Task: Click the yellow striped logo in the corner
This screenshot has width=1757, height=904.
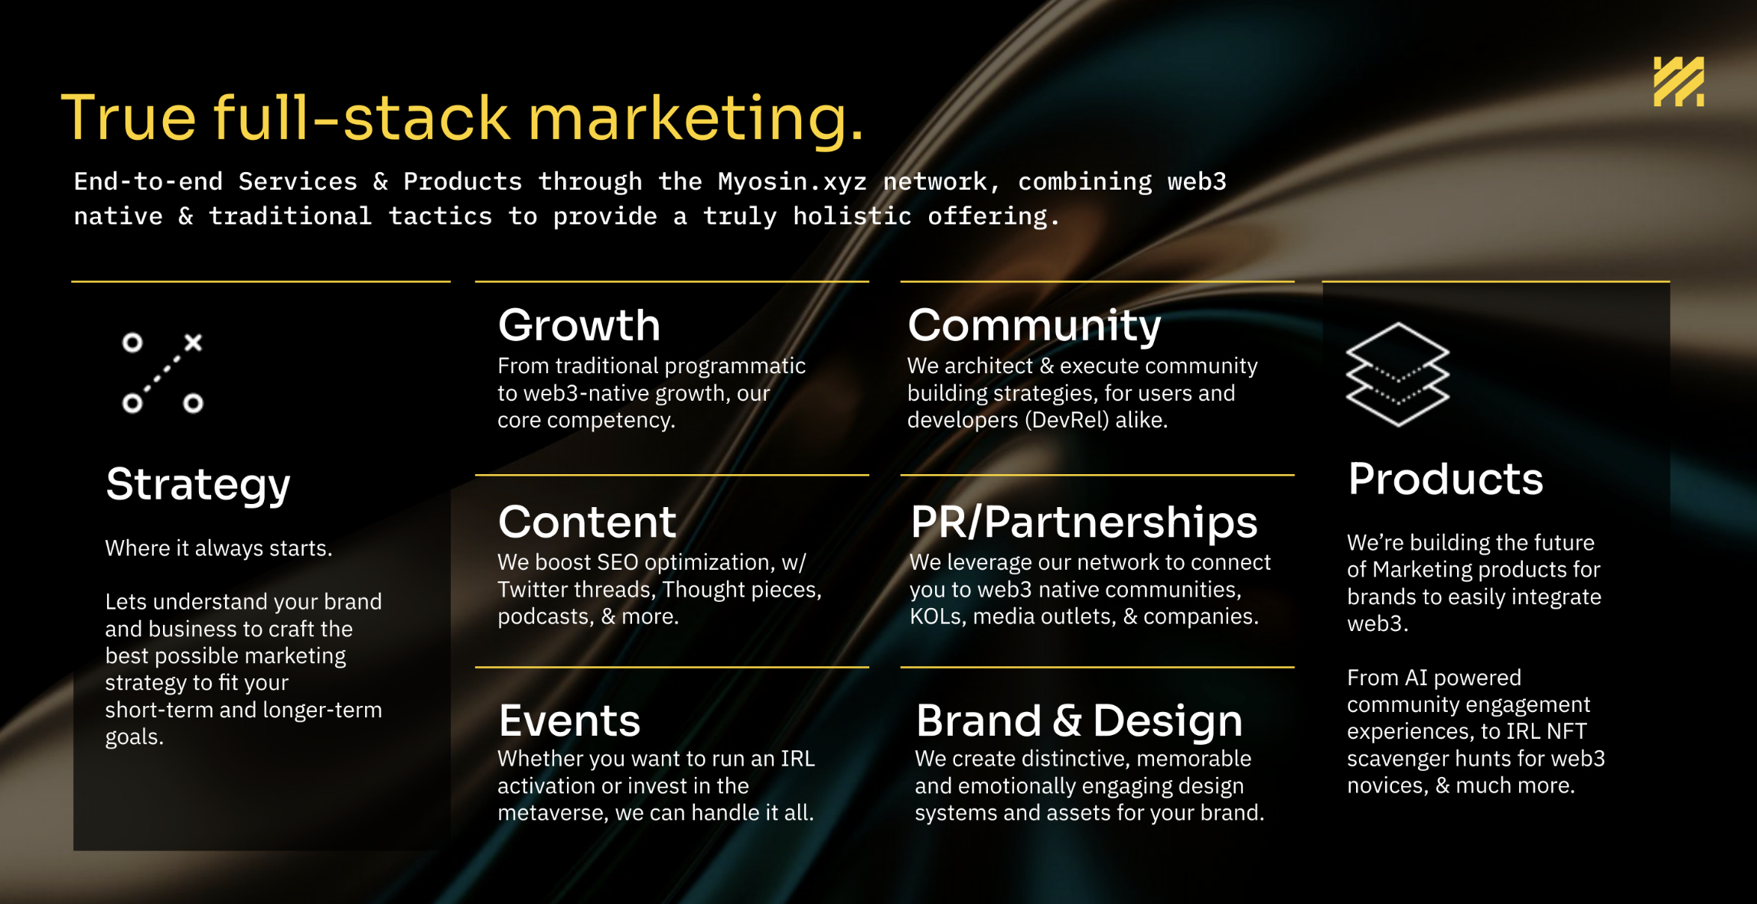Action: [x=1678, y=82]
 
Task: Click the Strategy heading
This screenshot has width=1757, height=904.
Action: [x=198, y=486]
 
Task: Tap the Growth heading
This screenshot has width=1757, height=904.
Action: [x=579, y=325]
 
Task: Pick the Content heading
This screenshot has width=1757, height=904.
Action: [x=587, y=522]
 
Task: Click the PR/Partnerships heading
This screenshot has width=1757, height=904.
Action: [x=1084, y=523]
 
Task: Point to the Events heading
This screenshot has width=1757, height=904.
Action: [x=569, y=720]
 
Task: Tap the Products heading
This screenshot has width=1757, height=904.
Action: [x=1446, y=480]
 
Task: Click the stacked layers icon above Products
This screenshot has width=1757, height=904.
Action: [x=1397, y=374]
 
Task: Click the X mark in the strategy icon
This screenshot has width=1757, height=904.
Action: [x=193, y=342]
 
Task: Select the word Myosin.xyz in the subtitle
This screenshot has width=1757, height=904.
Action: [x=792, y=182]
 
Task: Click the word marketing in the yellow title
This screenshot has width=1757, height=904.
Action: [x=696, y=119]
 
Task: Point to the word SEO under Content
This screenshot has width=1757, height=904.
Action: [x=618, y=562]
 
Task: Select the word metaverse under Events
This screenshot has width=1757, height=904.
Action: [x=551, y=812]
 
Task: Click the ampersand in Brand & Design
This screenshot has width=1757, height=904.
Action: [x=1067, y=720]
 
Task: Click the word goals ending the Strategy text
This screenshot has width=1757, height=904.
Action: [x=134, y=738]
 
